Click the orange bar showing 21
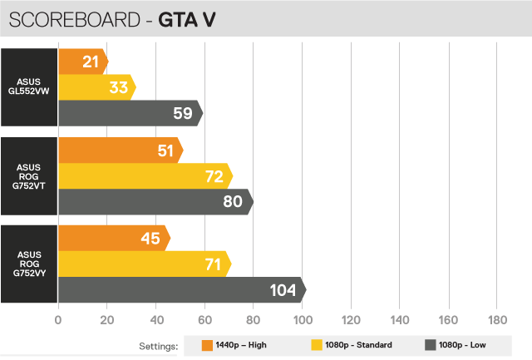click(x=82, y=61)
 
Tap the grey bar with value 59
click(x=129, y=112)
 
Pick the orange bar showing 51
click(x=120, y=150)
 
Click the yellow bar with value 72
click(x=145, y=176)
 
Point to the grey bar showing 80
click(x=155, y=201)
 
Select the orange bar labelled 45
click(x=113, y=239)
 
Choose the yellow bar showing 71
click(x=144, y=264)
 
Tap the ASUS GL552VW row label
click(x=29, y=87)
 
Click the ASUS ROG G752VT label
click(x=29, y=176)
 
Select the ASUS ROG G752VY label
click(x=29, y=264)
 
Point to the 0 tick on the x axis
click(x=58, y=320)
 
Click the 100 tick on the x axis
click(x=303, y=320)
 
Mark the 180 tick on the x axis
click(x=498, y=320)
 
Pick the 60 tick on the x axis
click(x=205, y=320)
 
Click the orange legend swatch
click(x=207, y=345)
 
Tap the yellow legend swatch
click(x=316, y=345)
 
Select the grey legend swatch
click(x=430, y=345)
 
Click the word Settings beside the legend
click(x=159, y=345)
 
